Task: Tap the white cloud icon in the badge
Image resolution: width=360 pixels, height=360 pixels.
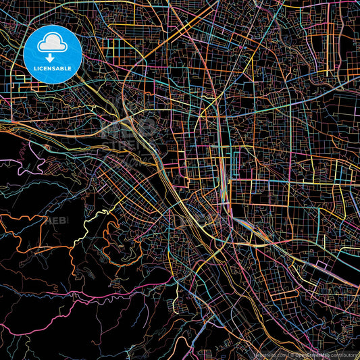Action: (x=53, y=45)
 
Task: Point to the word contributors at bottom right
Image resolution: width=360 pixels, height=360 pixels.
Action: (x=346, y=355)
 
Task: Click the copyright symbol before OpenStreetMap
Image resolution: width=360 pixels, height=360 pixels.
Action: (x=293, y=355)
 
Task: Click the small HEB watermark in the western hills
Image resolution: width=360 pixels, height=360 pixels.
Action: (x=57, y=220)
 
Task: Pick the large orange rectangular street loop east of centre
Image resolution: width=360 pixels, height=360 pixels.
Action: (x=270, y=192)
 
